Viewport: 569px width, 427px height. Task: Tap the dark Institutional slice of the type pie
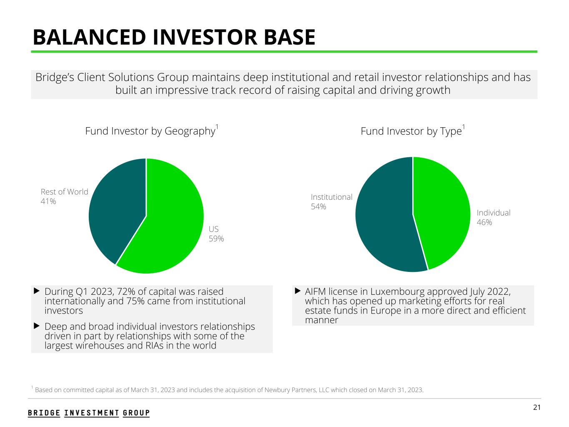pyautogui.click(x=384, y=217)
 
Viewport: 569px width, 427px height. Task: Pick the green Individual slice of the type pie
pyautogui.click(x=442, y=208)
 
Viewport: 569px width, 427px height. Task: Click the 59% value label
pyautogui.click(x=216, y=239)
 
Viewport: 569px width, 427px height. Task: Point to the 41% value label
pyautogui.click(x=48, y=202)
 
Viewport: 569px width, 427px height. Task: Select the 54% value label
pyautogui.click(x=318, y=207)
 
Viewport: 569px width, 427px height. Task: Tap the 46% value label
pyautogui.click(x=484, y=223)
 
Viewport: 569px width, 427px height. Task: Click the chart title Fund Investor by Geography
pyautogui.click(x=150, y=131)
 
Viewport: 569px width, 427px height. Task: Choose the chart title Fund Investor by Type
pyautogui.click(x=411, y=131)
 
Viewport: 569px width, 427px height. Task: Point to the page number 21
pyautogui.click(x=537, y=407)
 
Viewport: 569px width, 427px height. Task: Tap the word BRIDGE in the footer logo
pyautogui.click(x=44, y=413)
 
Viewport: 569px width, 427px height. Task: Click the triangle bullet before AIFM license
pyautogui.click(x=298, y=290)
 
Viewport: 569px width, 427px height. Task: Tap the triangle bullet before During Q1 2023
pyautogui.click(x=36, y=290)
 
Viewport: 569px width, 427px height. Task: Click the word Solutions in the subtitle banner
pyautogui.click(x=160, y=78)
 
